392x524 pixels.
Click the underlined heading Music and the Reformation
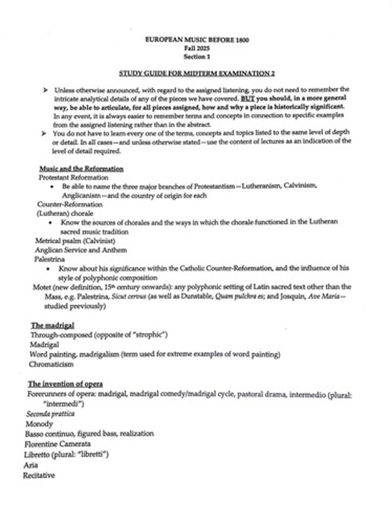(x=81, y=169)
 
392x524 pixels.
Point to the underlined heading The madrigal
(x=52, y=325)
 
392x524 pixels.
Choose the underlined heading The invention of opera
(x=65, y=384)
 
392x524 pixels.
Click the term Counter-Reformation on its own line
(x=70, y=204)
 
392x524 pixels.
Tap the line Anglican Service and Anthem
(x=81, y=250)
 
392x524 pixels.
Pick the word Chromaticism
(x=52, y=364)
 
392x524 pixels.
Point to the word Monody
(x=39, y=424)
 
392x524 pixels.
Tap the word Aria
(x=31, y=465)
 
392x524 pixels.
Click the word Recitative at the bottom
(x=39, y=475)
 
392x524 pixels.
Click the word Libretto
(x=38, y=455)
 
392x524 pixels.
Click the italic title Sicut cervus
(x=150, y=297)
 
